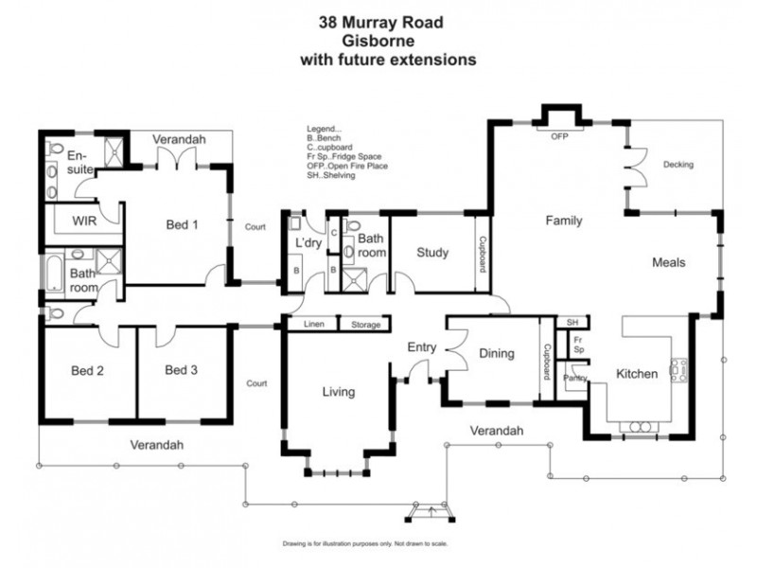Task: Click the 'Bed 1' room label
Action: tap(182, 224)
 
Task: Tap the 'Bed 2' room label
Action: tap(87, 370)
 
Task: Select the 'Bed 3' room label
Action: tap(180, 370)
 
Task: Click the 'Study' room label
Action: tap(431, 253)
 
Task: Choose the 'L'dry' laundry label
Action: tap(309, 244)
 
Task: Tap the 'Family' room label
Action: tap(563, 221)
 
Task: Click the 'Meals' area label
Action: tap(668, 262)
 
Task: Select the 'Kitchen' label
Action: tap(637, 374)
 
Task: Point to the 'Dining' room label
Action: tap(496, 354)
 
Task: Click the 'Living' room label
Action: tap(338, 392)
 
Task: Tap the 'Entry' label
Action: tap(421, 347)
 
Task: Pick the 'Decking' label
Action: tap(678, 165)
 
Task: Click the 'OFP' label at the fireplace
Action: tap(558, 136)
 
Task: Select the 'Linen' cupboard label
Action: tap(314, 325)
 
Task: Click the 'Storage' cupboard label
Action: tap(366, 325)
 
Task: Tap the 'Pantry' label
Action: tap(574, 378)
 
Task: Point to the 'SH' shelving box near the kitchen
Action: tap(572, 323)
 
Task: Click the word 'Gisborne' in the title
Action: tap(387, 40)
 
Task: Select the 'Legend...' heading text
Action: tap(324, 129)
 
